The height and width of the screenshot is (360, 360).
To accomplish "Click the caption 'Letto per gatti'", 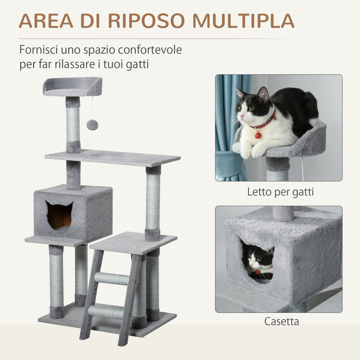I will pos(280,192).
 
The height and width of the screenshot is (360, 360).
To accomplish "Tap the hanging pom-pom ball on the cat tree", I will pos(92,125).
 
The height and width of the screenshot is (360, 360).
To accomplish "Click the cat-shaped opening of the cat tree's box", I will pos(59,215).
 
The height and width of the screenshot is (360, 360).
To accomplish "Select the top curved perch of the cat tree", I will pos(72,87).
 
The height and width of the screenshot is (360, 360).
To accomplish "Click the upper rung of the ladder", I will pos(112,279).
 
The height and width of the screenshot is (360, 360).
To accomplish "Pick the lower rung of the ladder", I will pos(105,311).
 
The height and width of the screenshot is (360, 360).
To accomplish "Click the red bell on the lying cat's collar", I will pos(258,135).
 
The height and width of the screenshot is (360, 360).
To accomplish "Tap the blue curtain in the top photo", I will pos(227,126).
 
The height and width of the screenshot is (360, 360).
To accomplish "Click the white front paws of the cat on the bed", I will pos(252,151).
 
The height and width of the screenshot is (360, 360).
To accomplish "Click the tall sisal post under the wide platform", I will pos(153,201).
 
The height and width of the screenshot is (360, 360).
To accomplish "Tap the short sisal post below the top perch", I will pos(73,124).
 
